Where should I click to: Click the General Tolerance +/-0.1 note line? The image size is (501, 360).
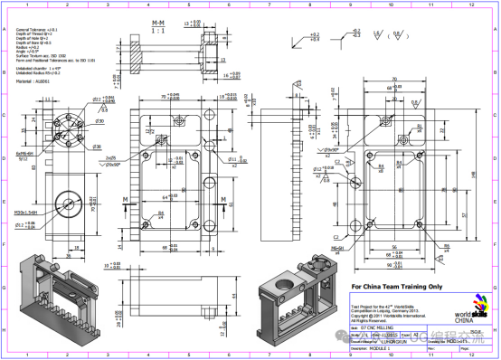click(35, 30)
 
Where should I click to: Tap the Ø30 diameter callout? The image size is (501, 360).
click(75, 120)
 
